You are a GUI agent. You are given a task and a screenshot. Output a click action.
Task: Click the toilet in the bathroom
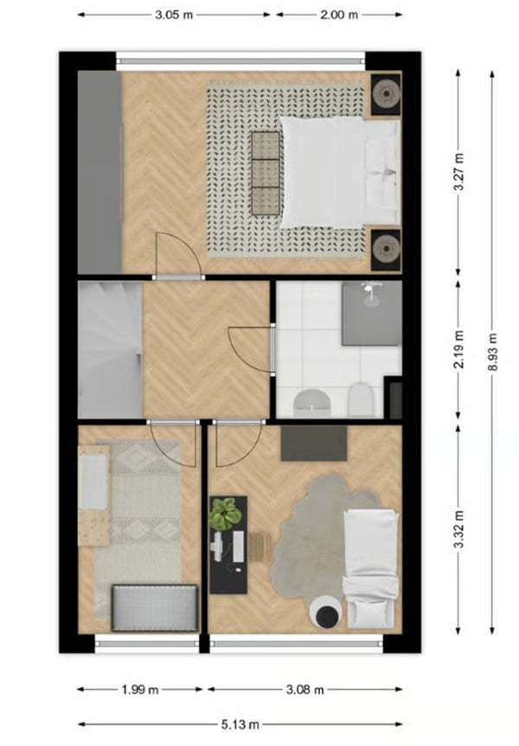click(x=361, y=399)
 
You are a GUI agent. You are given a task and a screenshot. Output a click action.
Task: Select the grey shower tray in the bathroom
click(x=370, y=313)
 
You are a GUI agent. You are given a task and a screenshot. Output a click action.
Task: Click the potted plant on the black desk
click(x=224, y=515)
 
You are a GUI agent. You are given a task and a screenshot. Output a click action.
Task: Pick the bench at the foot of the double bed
click(x=266, y=173)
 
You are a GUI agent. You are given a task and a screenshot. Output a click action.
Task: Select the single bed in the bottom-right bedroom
click(x=371, y=566)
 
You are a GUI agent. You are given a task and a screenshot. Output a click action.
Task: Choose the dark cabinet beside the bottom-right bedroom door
click(x=313, y=443)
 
